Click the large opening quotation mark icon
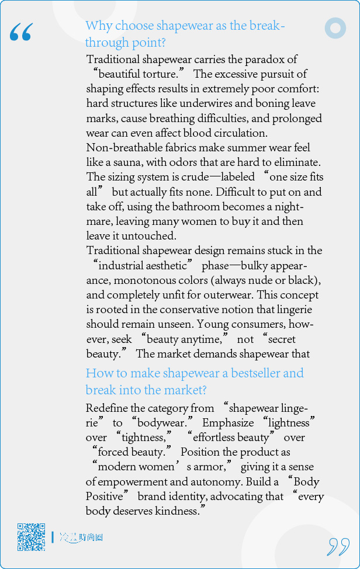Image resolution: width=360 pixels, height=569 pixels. (21, 33)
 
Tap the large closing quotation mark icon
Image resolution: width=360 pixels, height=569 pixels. (338, 546)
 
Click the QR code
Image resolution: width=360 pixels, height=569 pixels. (31, 537)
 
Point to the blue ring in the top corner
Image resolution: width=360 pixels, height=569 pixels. (335, 28)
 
